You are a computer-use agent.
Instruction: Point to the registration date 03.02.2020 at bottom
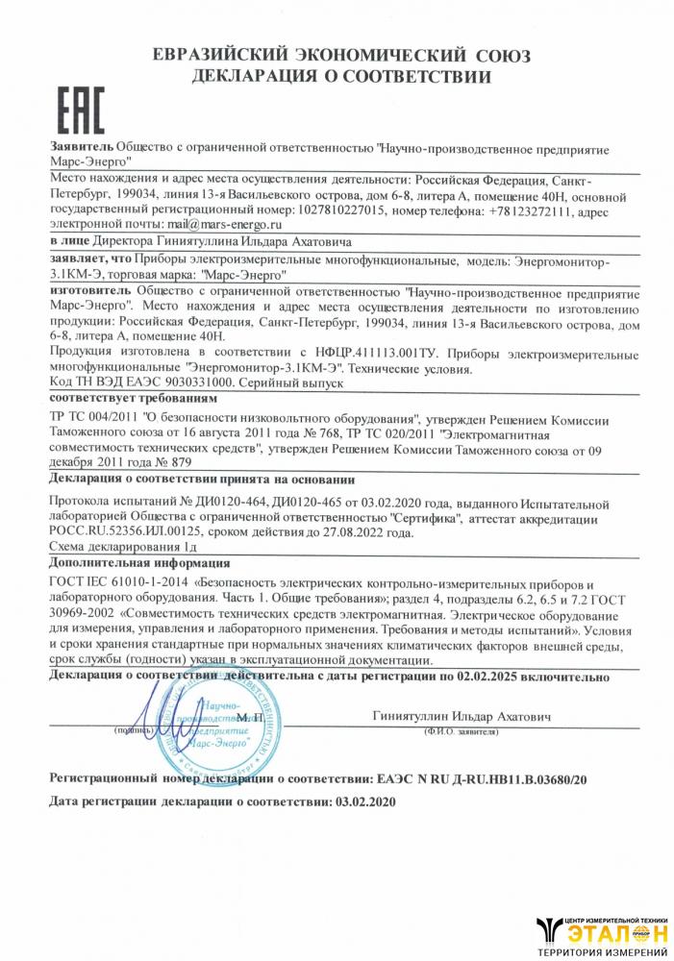coord(364,801)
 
